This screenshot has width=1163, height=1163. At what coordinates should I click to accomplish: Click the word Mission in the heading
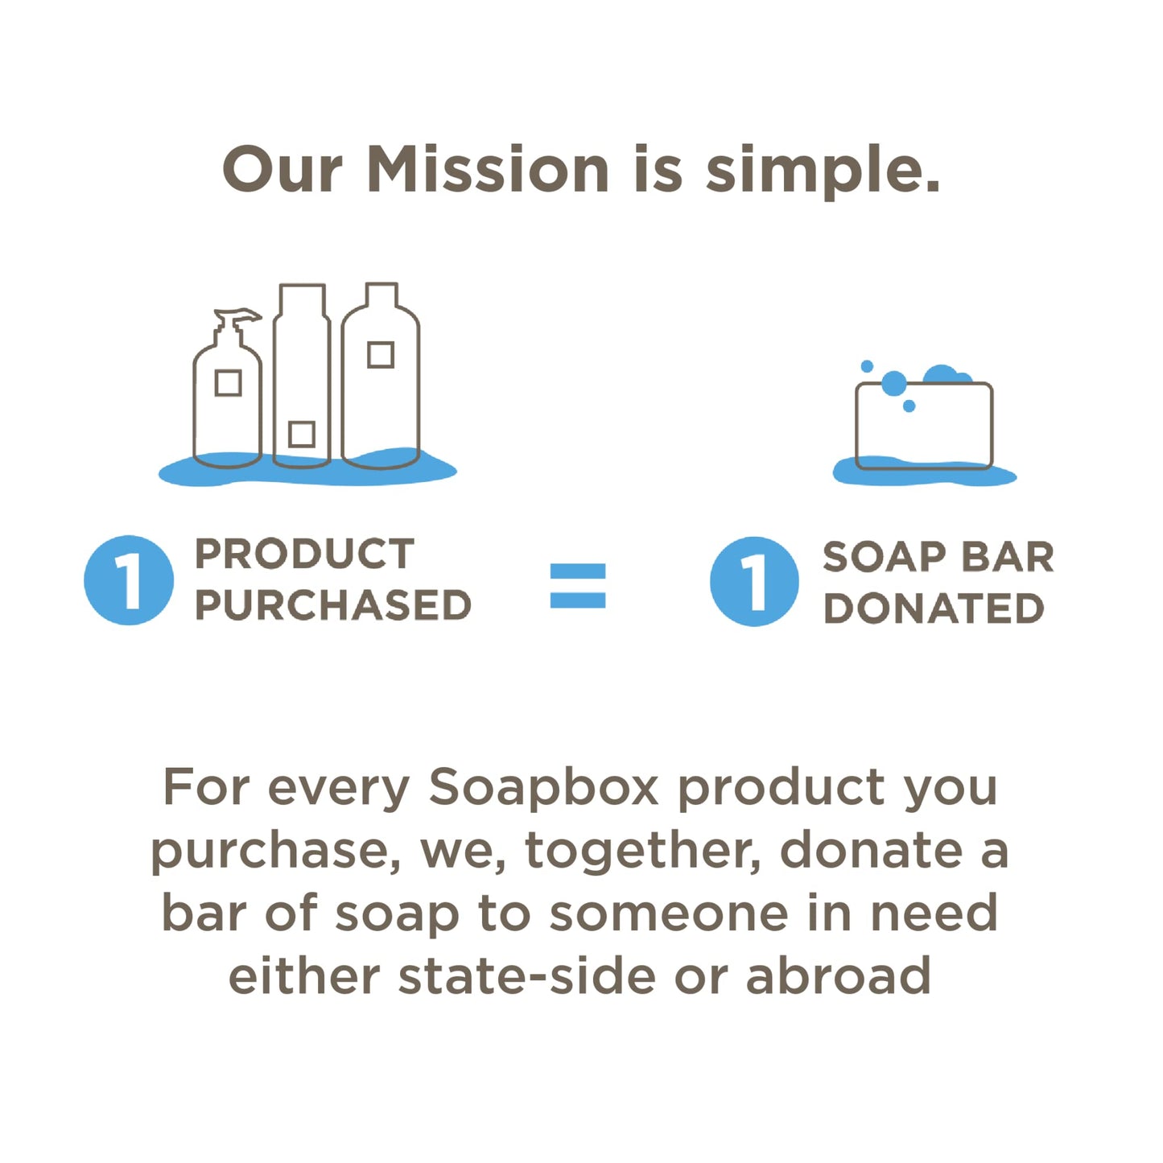487,170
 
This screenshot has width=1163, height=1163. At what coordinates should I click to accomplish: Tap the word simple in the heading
821,171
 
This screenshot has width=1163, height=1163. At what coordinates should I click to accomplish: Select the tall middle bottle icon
302,374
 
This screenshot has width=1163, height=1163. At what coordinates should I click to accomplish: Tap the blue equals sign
577,585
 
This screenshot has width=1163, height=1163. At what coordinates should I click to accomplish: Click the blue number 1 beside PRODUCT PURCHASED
129,579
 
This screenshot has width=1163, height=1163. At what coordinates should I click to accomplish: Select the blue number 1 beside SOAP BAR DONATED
754,581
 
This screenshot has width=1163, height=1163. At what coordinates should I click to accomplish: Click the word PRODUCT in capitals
304,554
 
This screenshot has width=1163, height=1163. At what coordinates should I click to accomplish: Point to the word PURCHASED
332,605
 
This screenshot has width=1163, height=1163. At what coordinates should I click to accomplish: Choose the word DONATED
934,608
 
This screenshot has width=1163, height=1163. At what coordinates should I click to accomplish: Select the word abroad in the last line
838,976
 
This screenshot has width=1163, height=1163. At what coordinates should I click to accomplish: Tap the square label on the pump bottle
229,383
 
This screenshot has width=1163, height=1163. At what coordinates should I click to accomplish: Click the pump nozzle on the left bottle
238,316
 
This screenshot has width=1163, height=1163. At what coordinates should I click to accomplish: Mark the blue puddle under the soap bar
924,475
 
